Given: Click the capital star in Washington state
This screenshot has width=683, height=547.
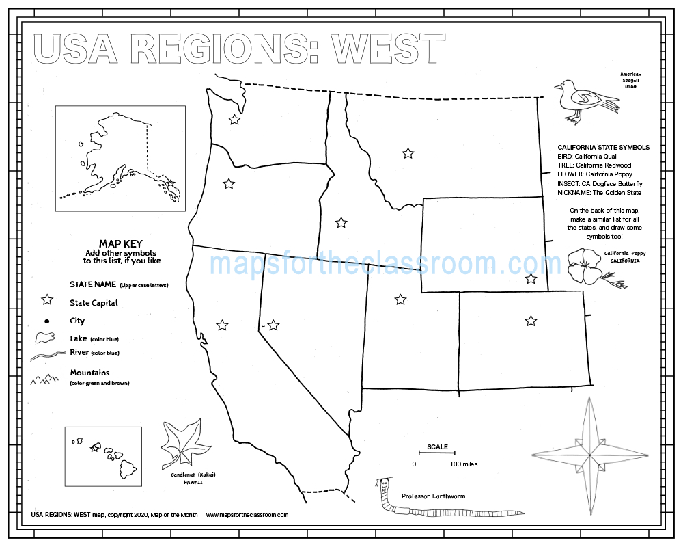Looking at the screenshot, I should tap(234, 120).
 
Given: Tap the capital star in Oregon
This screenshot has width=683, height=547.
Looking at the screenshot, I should tap(229, 183).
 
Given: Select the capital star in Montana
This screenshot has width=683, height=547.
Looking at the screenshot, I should tap(408, 153).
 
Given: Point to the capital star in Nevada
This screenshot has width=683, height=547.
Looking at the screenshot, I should tap(273, 325).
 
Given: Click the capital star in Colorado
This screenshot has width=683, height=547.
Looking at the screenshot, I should tap(531, 320).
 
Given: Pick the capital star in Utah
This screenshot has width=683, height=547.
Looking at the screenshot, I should tap(400, 299).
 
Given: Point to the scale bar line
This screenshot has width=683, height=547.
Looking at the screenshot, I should tap(437, 453).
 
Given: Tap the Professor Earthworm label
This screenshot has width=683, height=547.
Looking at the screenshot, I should tap(433, 496).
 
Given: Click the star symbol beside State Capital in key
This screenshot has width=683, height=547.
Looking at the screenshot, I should tap(47, 299).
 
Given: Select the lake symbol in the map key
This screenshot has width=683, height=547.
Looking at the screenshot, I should tap(45, 338).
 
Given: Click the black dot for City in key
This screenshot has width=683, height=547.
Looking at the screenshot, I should tap(46, 321).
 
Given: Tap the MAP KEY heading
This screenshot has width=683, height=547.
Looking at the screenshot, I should tap(122, 243).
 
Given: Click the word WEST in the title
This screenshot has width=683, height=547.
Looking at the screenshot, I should tap(388, 49).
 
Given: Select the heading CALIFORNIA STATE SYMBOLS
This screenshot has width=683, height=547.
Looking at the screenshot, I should tap(603, 147).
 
